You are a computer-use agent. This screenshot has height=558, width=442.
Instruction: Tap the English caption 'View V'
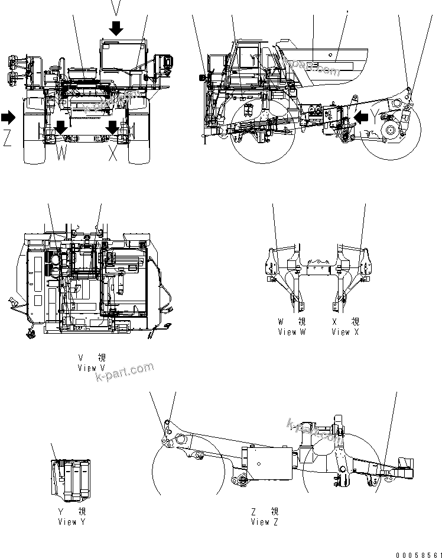(x=91, y=367)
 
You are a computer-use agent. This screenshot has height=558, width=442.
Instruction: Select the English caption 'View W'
(x=292, y=332)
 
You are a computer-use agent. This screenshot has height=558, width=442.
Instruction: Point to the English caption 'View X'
(x=344, y=332)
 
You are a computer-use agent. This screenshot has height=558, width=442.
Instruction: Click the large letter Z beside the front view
(x=7, y=138)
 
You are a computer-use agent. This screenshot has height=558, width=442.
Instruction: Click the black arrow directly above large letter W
(x=61, y=127)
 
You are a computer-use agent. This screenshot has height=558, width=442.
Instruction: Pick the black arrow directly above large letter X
(x=113, y=127)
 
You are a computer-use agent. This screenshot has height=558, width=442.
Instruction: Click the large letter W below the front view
(x=61, y=154)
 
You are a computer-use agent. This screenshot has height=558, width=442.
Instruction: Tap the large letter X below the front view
(x=113, y=154)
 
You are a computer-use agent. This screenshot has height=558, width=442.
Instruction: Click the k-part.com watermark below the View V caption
(x=123, y=373)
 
